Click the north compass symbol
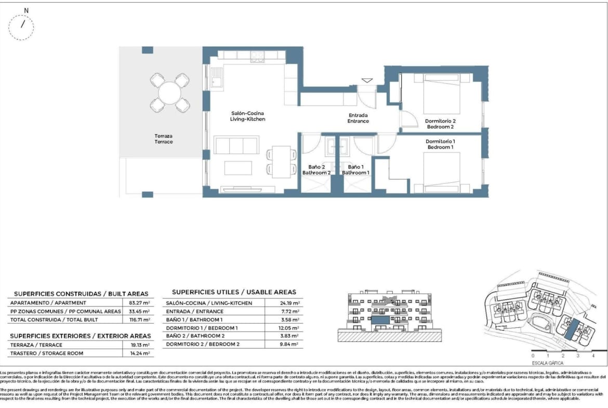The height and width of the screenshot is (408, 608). [x=22, y=24]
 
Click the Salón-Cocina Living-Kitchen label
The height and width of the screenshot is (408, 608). [x=248, y=116]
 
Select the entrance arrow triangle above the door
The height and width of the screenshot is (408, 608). [x=367, y=81]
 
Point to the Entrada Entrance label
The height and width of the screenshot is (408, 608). [x=358, y=118]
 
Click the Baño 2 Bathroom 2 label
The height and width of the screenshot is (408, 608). [x=316, y=169]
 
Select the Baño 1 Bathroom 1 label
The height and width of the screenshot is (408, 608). [x=355, y=169]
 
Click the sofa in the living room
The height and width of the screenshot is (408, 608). [x=236, y=145]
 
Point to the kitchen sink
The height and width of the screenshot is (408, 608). [x=217, y=82]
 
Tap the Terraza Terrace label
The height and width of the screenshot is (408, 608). [x=164, y=139]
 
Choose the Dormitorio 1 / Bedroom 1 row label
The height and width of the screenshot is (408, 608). [x=202, y=328]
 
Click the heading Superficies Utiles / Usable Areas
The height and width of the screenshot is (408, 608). [x=234, y=292]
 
